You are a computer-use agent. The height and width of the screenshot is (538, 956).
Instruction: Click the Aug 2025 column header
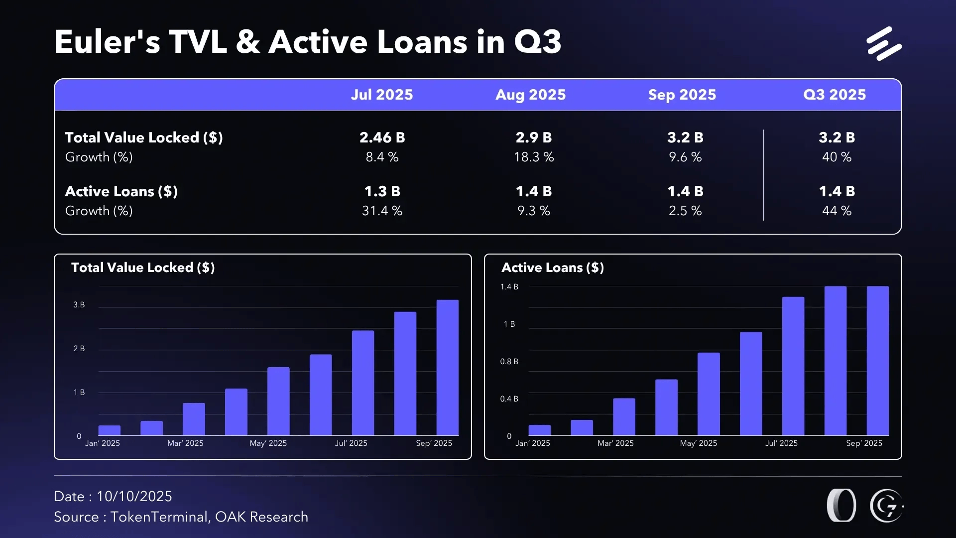[530, 95]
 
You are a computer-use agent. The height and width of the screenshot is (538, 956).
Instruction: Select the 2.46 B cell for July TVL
[382, 137]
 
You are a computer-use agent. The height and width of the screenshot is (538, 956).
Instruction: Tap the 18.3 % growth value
[533, 157]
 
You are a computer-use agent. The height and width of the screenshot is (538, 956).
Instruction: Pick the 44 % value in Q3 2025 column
[836, 211]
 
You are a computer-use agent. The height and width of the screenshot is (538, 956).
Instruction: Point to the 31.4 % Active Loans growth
[382, 211]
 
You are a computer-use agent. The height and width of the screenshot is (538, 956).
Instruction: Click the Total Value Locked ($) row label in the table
[144, 137]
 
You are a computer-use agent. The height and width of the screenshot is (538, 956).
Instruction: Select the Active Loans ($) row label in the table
[121, 191]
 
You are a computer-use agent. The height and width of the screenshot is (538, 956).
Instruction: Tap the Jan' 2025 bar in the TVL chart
[110, 430]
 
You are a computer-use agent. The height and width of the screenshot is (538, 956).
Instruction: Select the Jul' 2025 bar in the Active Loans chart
[793, 366]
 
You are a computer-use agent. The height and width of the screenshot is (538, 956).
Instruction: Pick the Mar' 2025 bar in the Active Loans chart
[624, 416]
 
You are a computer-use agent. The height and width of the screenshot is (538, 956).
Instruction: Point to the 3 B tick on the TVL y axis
[79, 305]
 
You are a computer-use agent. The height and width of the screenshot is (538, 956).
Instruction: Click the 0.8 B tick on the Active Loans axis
[509, 362]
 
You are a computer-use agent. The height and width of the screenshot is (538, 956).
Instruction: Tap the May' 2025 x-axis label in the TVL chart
[268, 443]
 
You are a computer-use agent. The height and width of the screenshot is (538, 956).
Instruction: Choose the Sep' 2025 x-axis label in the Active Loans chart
[864, 443]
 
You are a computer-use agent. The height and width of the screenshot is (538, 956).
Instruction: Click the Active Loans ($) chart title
[552, 268]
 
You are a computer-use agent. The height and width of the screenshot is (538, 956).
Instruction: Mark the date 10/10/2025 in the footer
[134, 497]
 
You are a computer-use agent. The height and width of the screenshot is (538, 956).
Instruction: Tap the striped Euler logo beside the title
[884, 44]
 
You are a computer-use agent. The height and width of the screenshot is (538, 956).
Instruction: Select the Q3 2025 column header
[835, 95]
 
